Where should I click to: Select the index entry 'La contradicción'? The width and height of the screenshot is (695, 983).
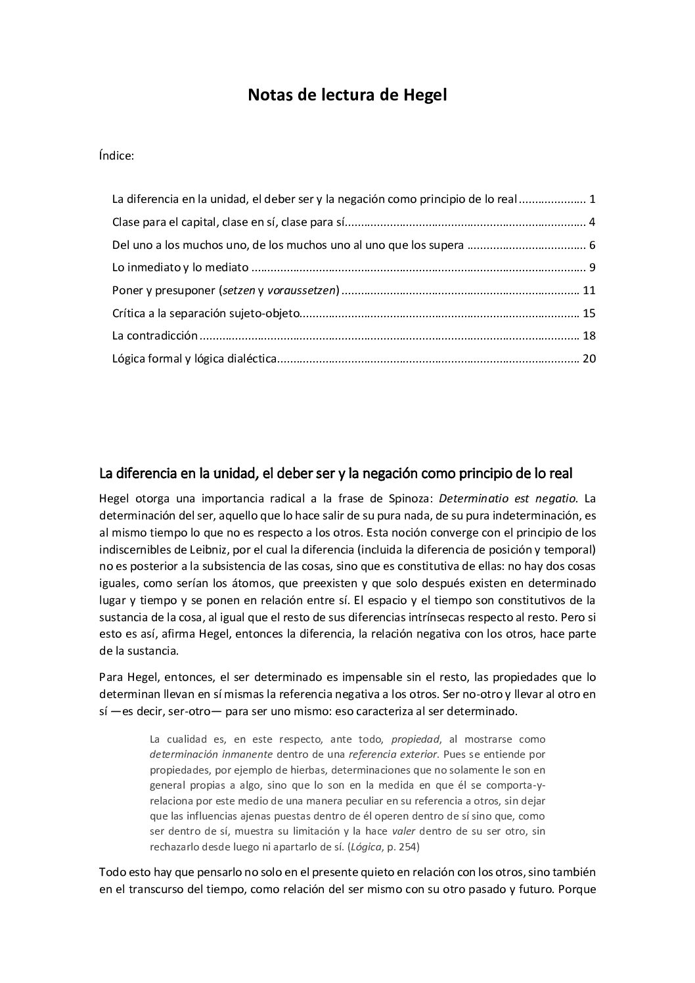pos(155,336)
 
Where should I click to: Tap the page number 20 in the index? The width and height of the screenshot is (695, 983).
pos(589,359)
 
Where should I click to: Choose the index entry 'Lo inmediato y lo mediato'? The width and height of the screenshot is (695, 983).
pos(181,267)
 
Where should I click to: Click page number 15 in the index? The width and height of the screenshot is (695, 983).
pos(589,313)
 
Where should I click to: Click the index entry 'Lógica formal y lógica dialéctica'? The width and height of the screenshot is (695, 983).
pos(194,359)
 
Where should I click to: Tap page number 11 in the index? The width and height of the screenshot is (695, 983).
pos(589,290)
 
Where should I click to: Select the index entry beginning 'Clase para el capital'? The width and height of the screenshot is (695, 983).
pos(229,222)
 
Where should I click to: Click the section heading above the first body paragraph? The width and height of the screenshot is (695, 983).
pos(336,473)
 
